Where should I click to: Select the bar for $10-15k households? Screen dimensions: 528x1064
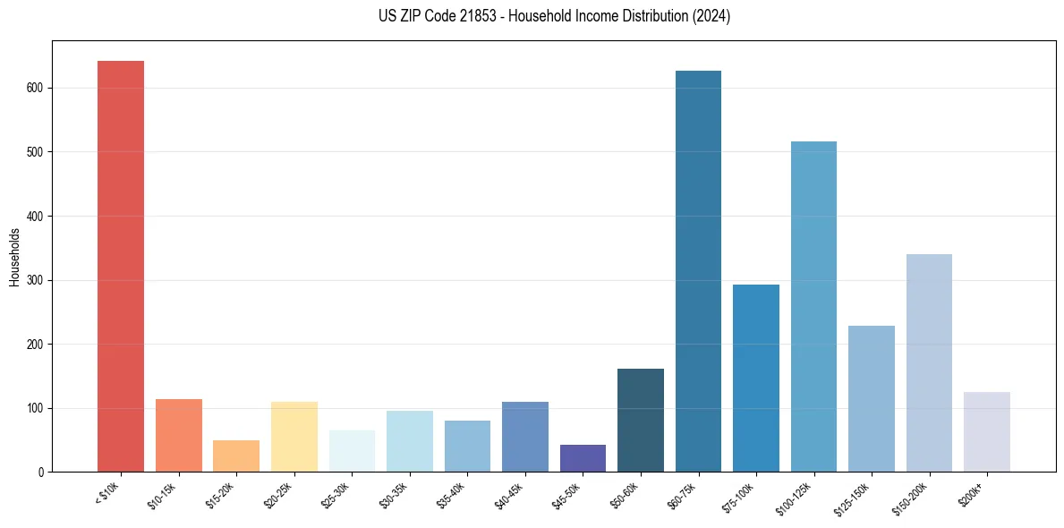click(x=178, y=435)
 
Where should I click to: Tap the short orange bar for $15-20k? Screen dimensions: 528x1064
click(x=236, y=456)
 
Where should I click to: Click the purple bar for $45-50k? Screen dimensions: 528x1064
click(x=583, y=458)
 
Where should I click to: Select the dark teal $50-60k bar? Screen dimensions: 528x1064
click(x=641, y=420)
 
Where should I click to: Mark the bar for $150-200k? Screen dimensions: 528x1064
click(x=929, y=362)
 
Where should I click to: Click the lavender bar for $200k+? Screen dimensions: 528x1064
click(x=987, y=431)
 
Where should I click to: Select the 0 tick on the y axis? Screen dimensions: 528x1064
click(x=42, y=472)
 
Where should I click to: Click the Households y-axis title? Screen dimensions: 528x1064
click(x=14, y=257)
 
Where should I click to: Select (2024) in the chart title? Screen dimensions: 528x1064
click(x=712, y=16)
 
